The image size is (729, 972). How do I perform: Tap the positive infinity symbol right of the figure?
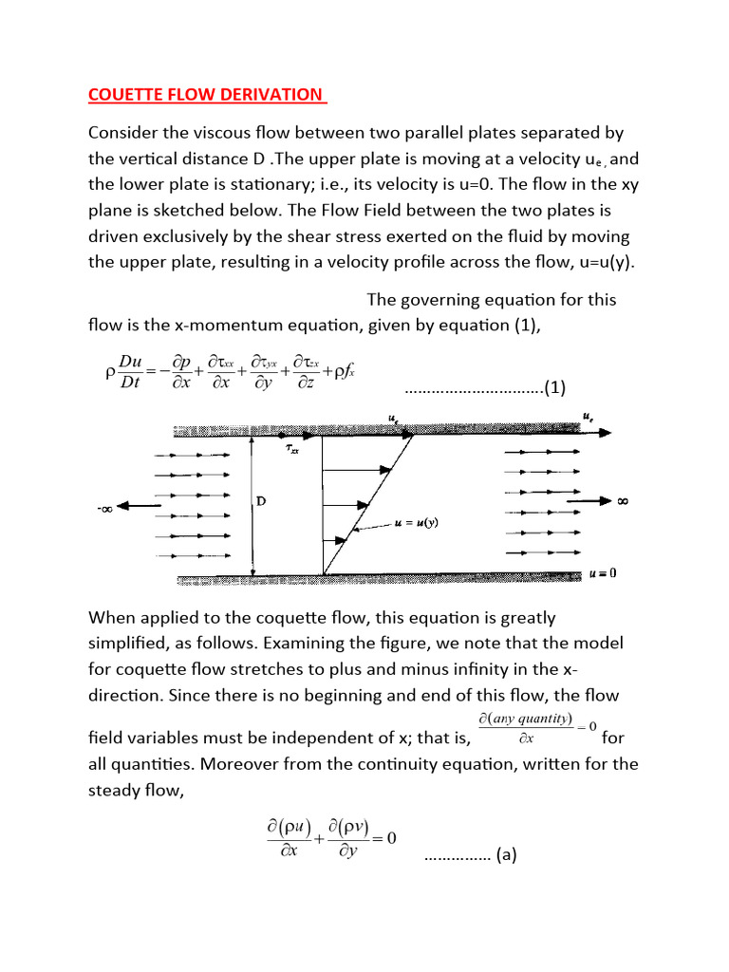pos(623,500)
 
